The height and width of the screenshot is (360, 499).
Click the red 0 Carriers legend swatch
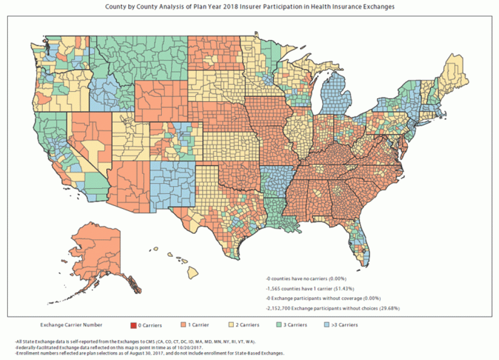(133, 324)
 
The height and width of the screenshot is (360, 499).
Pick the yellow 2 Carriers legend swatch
(231, 324)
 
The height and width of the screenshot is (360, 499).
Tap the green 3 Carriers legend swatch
(279, 324)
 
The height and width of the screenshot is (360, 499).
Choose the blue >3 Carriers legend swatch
(327, 324)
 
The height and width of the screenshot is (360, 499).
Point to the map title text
(249, 7)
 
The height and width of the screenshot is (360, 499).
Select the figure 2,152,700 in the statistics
(279, 307)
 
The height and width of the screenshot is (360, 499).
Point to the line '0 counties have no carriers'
(306, 279)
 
